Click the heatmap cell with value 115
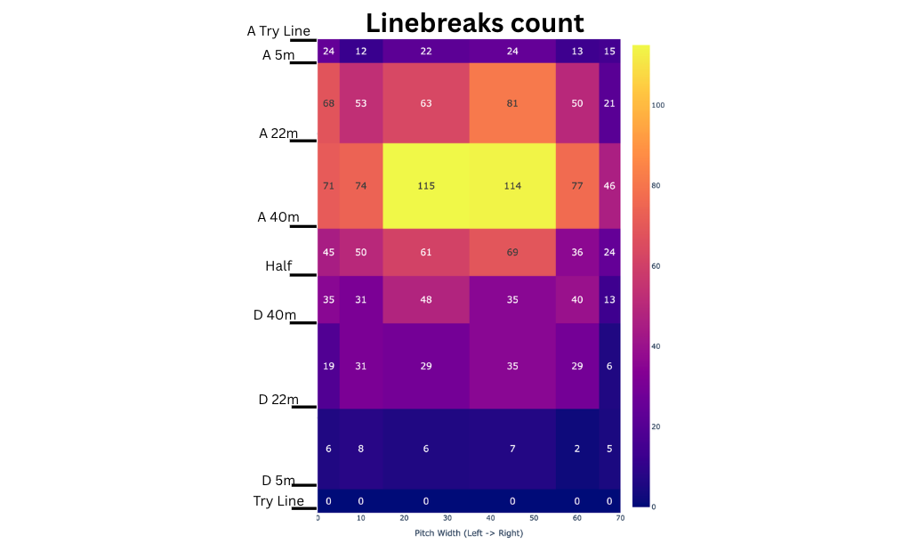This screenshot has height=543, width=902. pyautogui.click(x=425, y=185)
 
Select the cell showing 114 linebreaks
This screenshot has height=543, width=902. pyautogui.click(x=512, y=185)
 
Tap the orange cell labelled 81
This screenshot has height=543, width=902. pyautogui.click(x=512, y=103)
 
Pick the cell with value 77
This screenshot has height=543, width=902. pyautogui.click(x=577, y=185)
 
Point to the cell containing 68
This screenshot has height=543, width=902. pyautogui.click(x=328, y=103)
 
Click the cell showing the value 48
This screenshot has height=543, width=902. pyautogui.click(x=425, y=299)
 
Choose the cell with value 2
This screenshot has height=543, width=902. pyautogui.click(x=577, y=449)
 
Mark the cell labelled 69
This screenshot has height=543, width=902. pyautogui.click(x=512, y=252)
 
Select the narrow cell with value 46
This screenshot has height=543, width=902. pyautogui.click(x=609, y=185)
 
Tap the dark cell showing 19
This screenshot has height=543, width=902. pyautogui.click(x=328, y=366)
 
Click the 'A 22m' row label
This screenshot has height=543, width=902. pyautogui.click(x=278, y=134)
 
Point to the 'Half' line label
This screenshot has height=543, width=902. pyautogui.click(x=278, y=265)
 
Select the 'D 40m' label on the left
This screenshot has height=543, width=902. pyautogui.click(x=275, y=315)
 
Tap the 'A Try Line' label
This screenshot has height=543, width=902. pyautogui.click(x=278, y=31)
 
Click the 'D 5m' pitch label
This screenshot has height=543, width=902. pyautogui.click(x=278, y=481)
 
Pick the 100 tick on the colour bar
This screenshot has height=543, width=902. pyautogui.click(x=658, y=105)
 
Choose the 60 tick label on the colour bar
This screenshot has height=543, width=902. pyautogui.click(x=658, y=266)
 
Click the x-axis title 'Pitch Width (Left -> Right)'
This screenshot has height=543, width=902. pyautogui.click(x=469, y=532)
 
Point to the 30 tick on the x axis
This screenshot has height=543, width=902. pyautogui.click(x=447, y=518)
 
